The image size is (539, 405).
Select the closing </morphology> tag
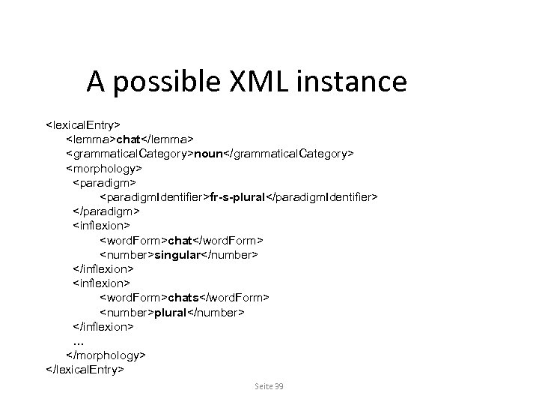coord(106,355)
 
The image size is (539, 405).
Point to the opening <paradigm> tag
coord(104,181)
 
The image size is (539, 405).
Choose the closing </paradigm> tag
coord(106,211)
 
